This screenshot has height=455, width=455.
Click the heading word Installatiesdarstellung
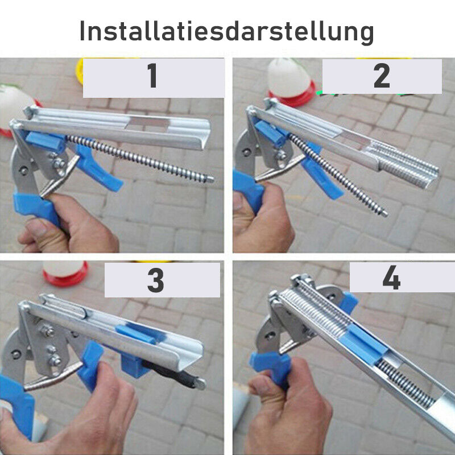coord(227,31)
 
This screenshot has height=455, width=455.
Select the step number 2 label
coord(382,76)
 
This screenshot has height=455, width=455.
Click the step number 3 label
coord(156,280)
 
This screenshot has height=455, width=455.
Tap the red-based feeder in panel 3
coord(65,273)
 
